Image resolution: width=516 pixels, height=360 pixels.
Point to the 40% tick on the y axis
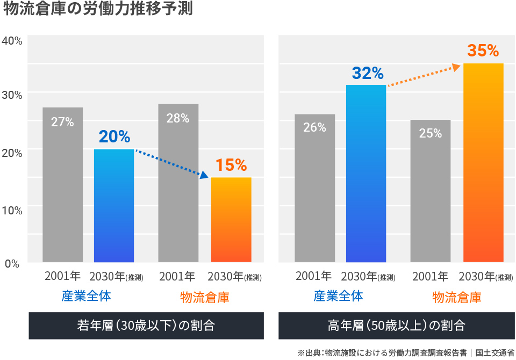[11, 41]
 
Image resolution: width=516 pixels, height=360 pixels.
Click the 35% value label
[483, 51]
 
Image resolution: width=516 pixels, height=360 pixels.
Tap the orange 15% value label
[231, 165]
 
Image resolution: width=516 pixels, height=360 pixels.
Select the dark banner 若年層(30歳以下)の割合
[146, 326]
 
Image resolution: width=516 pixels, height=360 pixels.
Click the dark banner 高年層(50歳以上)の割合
[396, 326]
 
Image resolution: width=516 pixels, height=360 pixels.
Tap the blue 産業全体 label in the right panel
[338, 296]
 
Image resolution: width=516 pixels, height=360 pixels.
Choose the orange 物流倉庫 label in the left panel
[204, 297]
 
